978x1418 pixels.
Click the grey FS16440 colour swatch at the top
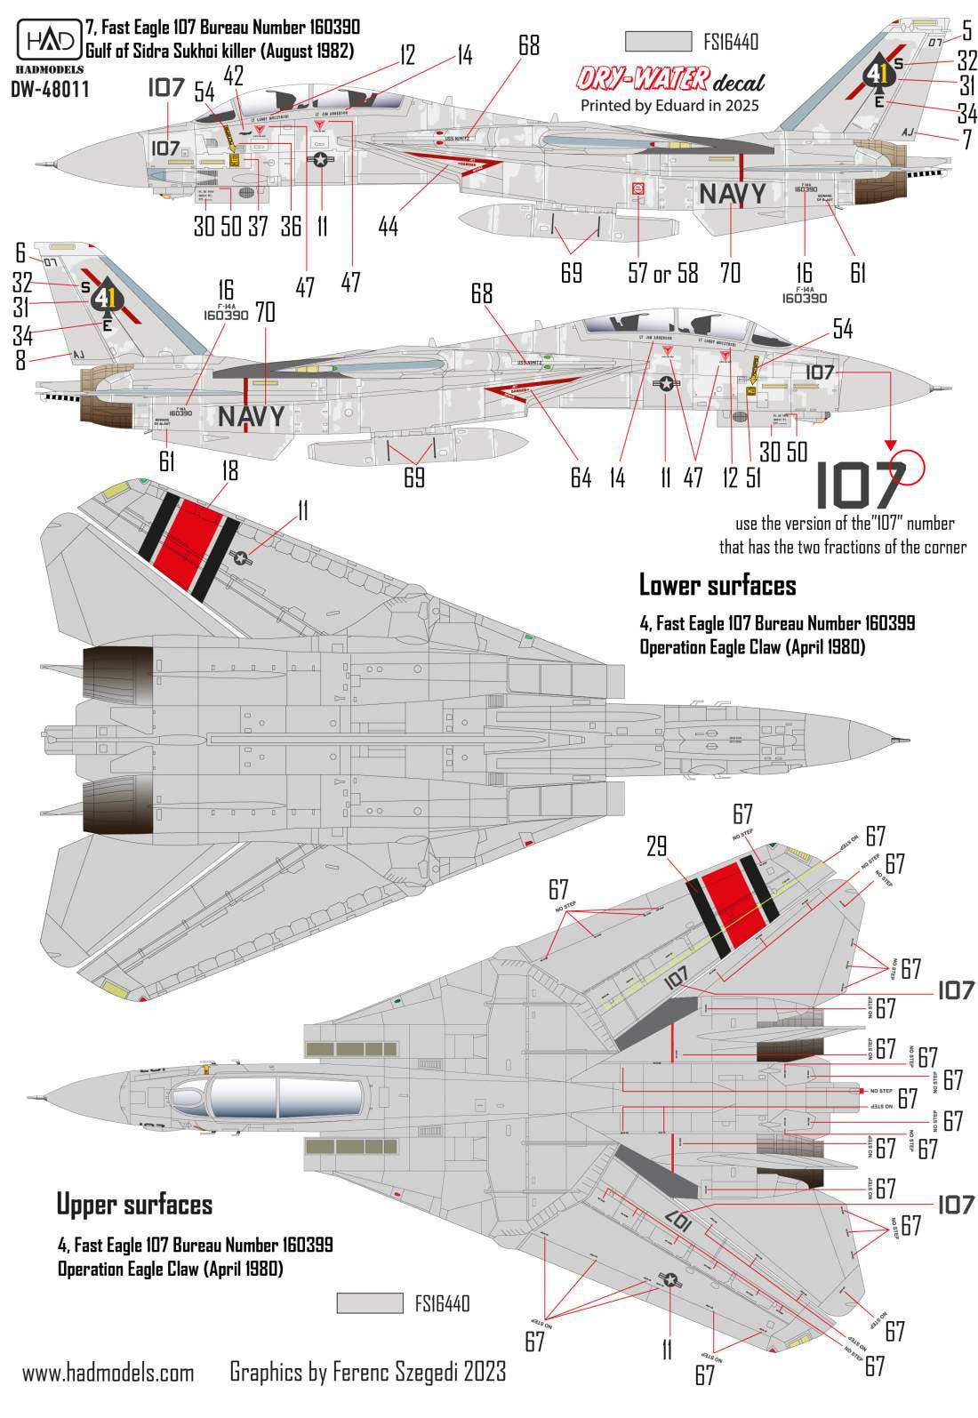659,42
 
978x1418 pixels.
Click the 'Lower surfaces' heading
717,585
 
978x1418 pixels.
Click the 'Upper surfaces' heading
134,1205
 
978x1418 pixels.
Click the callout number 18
229,471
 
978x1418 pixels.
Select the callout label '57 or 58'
661,272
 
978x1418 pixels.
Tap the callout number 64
581,477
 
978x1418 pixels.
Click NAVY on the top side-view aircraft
731,193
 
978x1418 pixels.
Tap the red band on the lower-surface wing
188,533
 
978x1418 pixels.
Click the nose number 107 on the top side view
165,148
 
